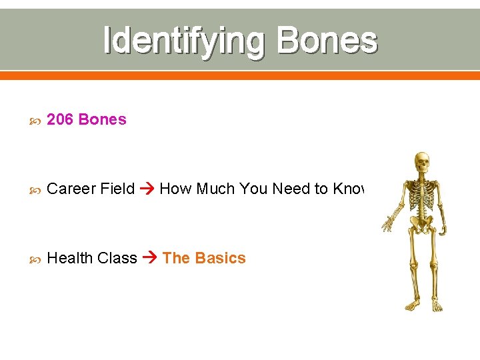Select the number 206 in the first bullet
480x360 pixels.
61,119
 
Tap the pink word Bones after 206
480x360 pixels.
102,119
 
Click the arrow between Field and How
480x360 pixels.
147,189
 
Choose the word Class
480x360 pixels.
117,258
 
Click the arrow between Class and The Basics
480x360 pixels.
149,259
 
